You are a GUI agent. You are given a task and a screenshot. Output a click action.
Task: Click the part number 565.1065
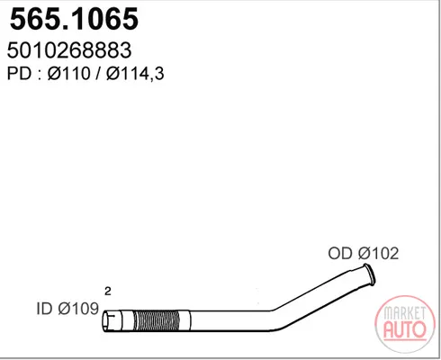[74, 19]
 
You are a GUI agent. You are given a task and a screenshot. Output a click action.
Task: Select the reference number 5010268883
[69, 50]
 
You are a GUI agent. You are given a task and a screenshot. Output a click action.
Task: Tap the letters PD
[19, 73]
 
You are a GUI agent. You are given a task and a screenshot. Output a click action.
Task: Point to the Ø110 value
[68, 73]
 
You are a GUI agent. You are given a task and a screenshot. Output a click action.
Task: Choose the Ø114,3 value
[135, 74]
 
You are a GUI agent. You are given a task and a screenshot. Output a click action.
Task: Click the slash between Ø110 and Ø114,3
[98, 74]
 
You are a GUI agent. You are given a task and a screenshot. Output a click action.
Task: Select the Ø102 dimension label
[379, 254]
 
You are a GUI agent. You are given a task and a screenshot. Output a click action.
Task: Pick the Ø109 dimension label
[78, 309]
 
